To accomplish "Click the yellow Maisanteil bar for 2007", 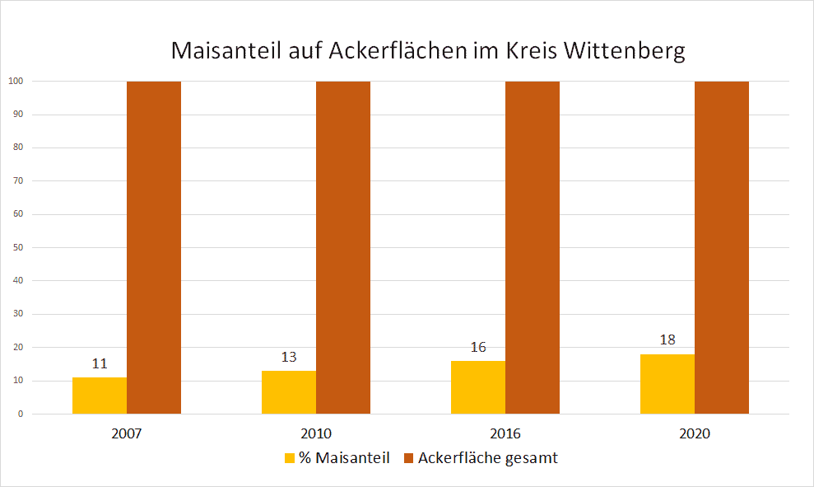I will pyautogui.click(x=100, y=396).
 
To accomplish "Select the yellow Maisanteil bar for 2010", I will pyautogui.click(x=289, y=392).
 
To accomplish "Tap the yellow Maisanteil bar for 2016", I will pyautogui.click(x=478, y=387).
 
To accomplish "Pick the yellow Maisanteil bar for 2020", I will pyautogui.click(x=667, y=384).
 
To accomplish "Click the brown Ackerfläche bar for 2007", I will pyautogui.click(x=154, y=247).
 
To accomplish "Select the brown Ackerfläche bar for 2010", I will pyautogui.click(x=343, y=247).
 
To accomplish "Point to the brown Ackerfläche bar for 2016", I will pyautogui.click(x=533, y=247).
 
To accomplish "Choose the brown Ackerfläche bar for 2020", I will pyautogui.click(x=722, y=247).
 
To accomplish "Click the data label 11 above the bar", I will pyautogui.click(x=100, y=363).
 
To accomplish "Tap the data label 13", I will pyautogui.click(x=289, y=357).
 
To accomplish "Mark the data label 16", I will pyautogui.click(x=478, y=347).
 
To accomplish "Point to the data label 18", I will pyautogui.click(x=667, y=339).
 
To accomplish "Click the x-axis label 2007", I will pyautogui.click(x=127, y=433).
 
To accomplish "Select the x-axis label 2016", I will pyautogui.click(x=505, y=433).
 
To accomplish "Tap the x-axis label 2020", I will pyautogui.click(x=695, y=433).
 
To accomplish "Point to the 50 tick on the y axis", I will pyautogui.click(x=17, y=247).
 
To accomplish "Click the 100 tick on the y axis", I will pyautogui.click(x=16, y=82).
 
